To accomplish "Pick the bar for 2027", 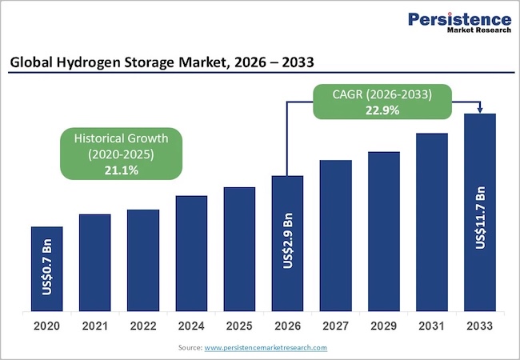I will pyautogui.click(x=335, y=235).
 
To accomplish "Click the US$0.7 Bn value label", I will pyautogui.click(x=47, y=270).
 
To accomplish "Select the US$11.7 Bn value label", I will pyautogui.click(x=480, y=218).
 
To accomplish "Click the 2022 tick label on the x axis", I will pyautogui.click(x=143, y=326).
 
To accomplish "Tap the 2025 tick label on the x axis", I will pyautogui.click(x=239, y=326).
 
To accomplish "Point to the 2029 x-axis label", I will pyautogui.click(x=384, y=326).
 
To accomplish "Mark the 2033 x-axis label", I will pyautogui.click(x=480, y=326).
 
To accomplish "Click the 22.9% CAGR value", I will pyautogui.click(x=382, y=110).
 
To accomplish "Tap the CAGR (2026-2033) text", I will pyautogui.click(x=382, y=94).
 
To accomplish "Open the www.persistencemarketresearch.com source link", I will pyautogui.click(x=266, y=347).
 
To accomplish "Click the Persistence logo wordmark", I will pyautogui.click(x=459, y=19).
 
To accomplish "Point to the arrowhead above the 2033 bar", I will pyautogui.click(x=480, y=110).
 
